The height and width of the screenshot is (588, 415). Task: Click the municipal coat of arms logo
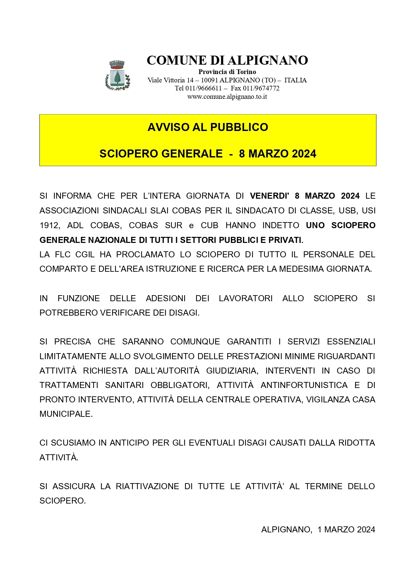click(x=117, y=75)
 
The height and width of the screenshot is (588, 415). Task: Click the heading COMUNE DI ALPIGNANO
click(x=227, y=60)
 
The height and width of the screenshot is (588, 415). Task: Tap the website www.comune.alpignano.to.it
click(x=227, y=97)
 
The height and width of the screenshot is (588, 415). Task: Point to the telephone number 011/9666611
click(x=203, y=88)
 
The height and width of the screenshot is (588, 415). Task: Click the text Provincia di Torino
click(x=227, y=72)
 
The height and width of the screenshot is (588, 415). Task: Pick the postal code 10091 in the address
click(x=209, y=80)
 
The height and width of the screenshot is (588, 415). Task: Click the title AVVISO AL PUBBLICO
click(x=208, y=127)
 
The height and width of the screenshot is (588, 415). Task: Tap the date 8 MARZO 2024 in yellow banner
click(x=277, y=154)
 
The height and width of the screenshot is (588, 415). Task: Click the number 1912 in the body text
click(x=49, y=225)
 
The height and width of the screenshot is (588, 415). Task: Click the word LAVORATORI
click(x=246, y=299)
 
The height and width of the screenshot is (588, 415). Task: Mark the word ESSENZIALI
click(x=351, y=342)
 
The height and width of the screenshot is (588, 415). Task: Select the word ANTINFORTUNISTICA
click(x=304, y=385)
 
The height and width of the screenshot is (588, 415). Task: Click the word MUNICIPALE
click(x=66, y=414)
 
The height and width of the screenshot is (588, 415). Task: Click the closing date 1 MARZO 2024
click(x=346, y=530)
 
